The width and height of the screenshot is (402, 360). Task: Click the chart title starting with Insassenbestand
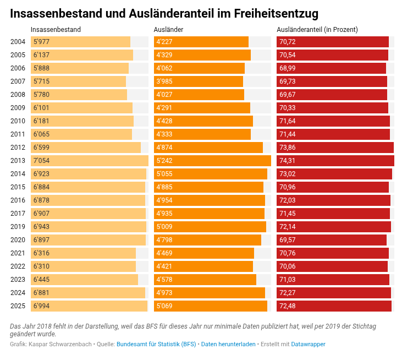(164, 13)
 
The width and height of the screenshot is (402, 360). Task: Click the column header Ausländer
(169, 29)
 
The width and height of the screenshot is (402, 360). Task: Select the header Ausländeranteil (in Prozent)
(317, 29)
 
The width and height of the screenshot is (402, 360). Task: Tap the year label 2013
(18, 161)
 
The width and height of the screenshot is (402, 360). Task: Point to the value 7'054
(41, 161)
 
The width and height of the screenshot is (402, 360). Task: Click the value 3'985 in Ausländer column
(164, 81)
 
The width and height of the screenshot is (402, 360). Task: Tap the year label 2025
(18, 306)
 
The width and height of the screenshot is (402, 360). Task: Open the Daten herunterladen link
(228, 344)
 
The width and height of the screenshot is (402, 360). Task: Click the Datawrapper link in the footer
(308, 344)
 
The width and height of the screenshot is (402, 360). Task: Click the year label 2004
(18, 42)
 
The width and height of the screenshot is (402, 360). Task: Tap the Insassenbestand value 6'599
(41, 148)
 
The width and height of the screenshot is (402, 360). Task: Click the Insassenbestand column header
(56, 29)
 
